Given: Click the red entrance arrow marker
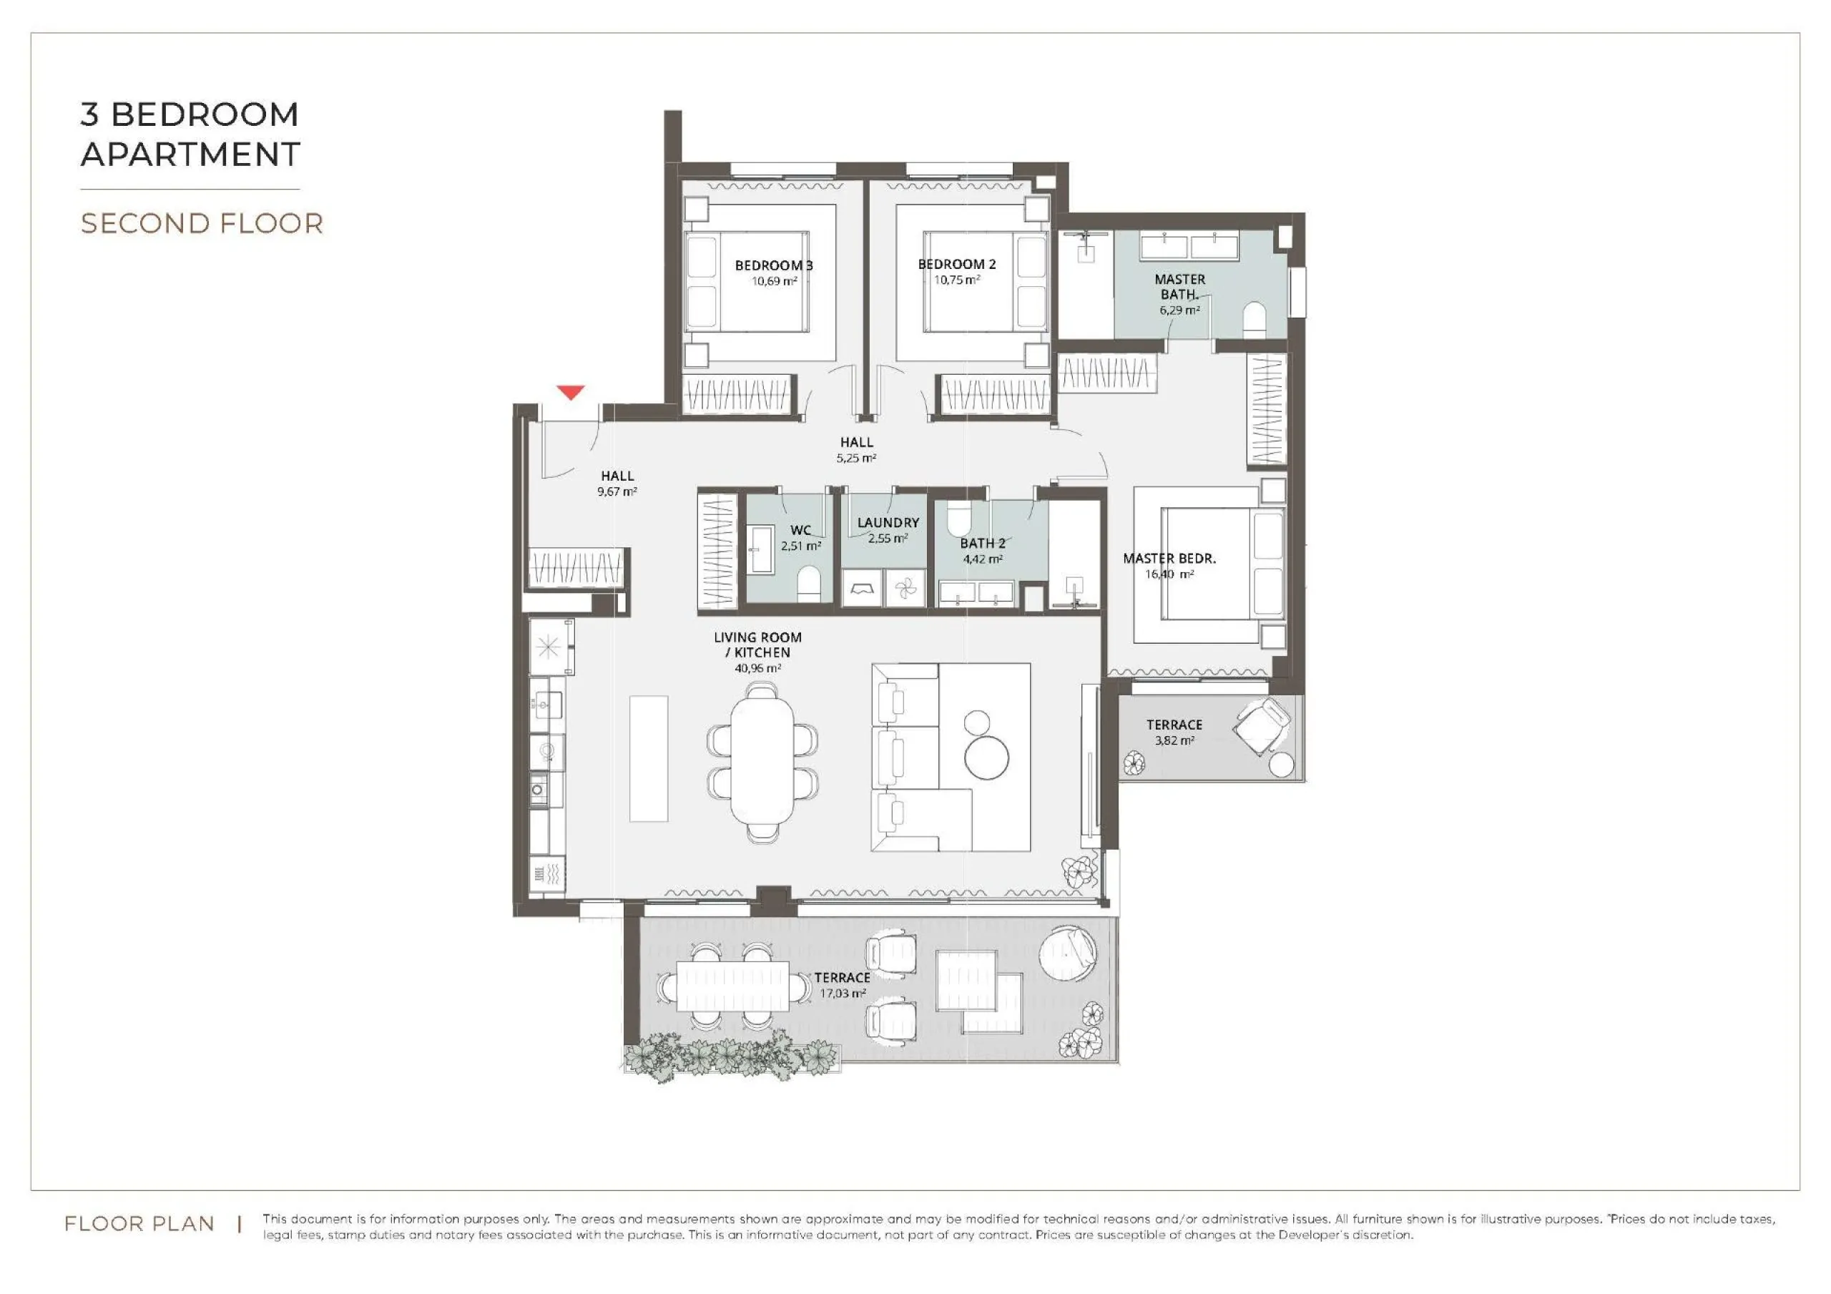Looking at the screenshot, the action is coord(570,393).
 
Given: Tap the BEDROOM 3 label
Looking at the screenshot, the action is coord(774,265).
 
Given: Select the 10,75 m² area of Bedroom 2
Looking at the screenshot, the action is coord(957,280).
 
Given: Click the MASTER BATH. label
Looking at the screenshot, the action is coord(1179,286).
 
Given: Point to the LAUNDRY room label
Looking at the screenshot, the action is coord(888,523).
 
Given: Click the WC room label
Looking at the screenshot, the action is coord(800,531).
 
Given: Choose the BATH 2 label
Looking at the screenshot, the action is coord(983,544).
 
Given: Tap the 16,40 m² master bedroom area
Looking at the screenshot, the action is coord(1169,574).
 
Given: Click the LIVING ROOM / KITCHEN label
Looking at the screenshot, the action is coord(757,644).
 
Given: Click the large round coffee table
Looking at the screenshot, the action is coord(986,756).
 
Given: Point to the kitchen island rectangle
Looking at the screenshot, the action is coord(648,759).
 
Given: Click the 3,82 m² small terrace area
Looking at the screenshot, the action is coord(1174,740).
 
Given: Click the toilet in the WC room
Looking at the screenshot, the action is coord(809,584).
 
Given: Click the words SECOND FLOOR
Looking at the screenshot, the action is coord(202,223).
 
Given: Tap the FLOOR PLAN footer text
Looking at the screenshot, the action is coord(139,1224).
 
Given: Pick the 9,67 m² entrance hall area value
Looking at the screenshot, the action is coord(617,492).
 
